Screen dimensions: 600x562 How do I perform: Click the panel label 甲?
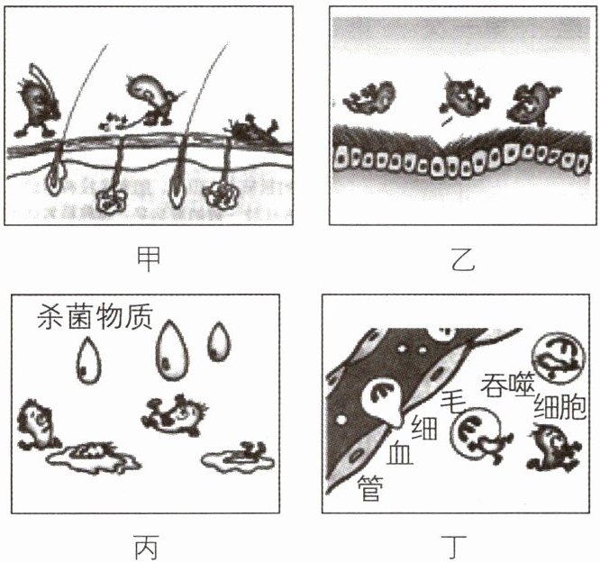coord(149,259)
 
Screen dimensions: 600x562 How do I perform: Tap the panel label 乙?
coord(463,259)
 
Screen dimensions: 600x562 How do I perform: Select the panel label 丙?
coord(146,547)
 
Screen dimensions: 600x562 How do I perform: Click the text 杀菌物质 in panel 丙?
coord(95,316)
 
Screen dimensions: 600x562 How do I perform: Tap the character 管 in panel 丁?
coord(370,488)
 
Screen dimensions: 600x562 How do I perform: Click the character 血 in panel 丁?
coord(399,454)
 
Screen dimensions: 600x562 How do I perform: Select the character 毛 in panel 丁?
coord(453,402)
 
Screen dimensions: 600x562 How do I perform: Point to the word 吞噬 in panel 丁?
coord(507,384)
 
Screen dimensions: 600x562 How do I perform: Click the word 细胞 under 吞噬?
coord(559,406)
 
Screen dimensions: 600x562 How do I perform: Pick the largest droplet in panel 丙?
coord(172,350)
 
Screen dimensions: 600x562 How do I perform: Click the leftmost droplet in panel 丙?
coord(89,359)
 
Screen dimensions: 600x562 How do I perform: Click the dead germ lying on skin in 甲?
coord(253,129)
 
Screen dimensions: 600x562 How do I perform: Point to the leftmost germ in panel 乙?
coord(369,97)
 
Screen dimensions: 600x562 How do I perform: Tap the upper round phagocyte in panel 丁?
coord(559,358)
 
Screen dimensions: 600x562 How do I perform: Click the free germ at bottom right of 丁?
coord(552,447)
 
